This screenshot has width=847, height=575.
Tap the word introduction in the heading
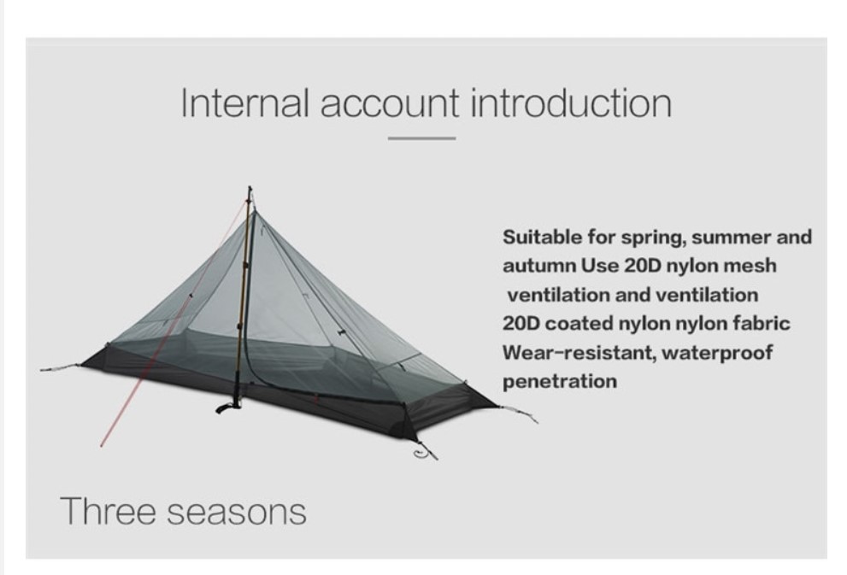click(x=571, y=103)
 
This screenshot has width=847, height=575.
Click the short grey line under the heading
click(x=421, y=138)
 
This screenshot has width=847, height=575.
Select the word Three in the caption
click(x=108, y=511)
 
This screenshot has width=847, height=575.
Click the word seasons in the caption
click(x=236, y=513)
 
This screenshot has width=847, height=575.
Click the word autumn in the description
click(x=539, y=267)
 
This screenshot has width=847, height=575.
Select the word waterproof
click(x=717, y=353)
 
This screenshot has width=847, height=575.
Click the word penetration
click(x=560, y=381)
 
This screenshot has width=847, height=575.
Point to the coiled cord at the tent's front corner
click(x=425, y=453)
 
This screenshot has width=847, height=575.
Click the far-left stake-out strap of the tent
click(x=61, y=367)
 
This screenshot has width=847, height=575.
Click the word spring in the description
click(x=654, y=238)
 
